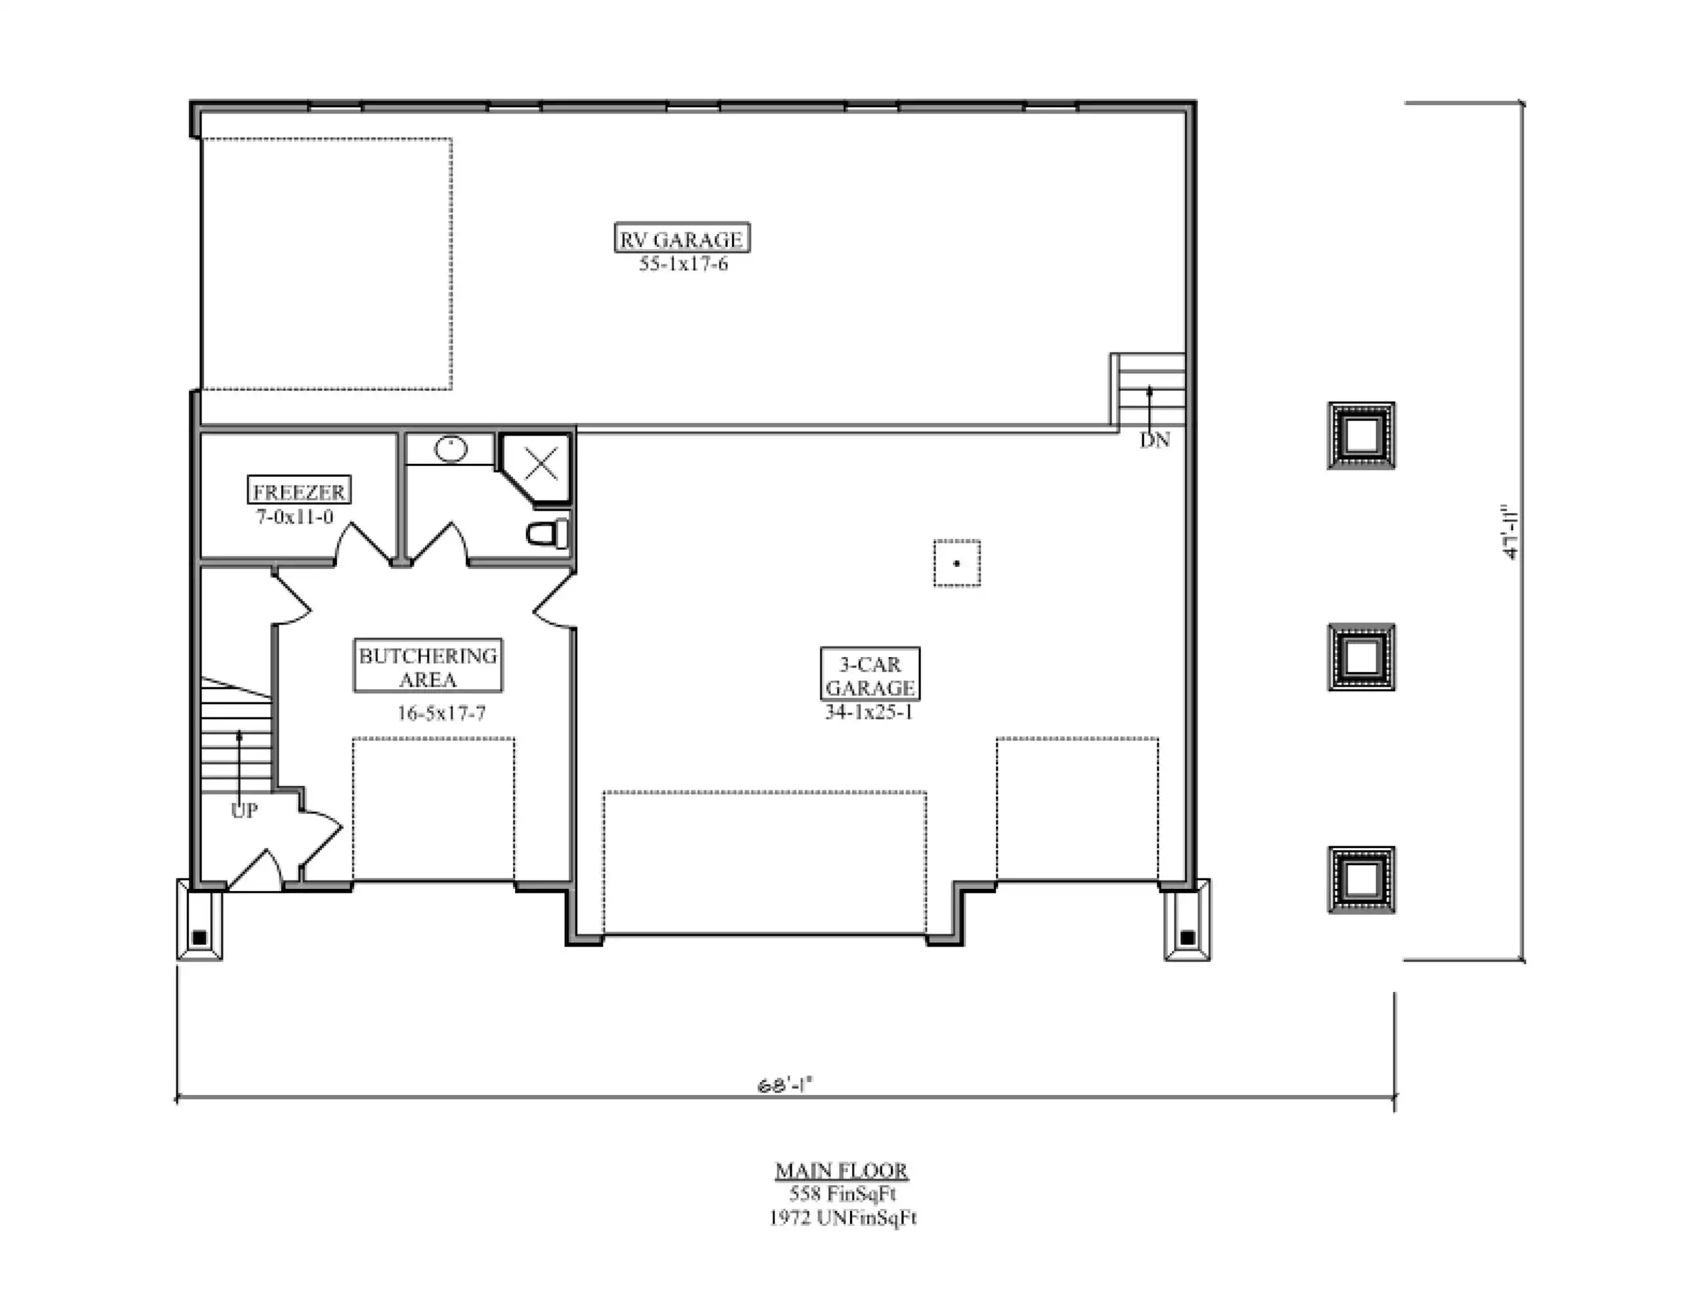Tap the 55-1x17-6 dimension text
click(x=683, y=264)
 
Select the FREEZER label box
click(x=299, y=490)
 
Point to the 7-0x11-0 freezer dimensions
click(x=295, y=516)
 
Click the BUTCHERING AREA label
click(x=428, y=666)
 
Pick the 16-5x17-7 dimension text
click(x=441, y=713)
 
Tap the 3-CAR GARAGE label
click(x=870, y=674)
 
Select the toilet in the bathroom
click(x=548, y=534)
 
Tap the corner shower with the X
click(x=535, y=468)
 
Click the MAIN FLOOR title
click(x=841, y=1170)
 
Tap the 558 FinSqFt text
click(x=843, y=1193)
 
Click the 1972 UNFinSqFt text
click(x=843, y=1217)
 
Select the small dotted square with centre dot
click(x=956, y=563)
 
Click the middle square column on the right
click(x=1360, y=657)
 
